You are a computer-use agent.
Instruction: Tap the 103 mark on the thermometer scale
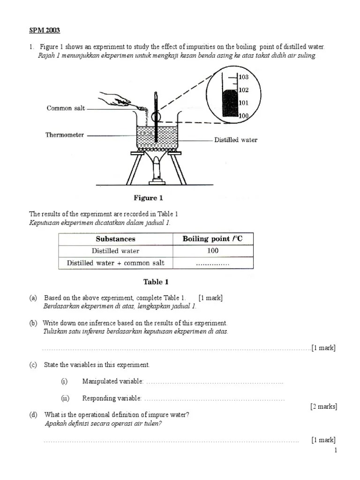pos(243,77)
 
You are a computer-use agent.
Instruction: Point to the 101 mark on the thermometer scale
pos(243,103)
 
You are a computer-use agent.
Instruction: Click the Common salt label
pos(66,108)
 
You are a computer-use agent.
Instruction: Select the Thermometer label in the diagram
pos(65,135)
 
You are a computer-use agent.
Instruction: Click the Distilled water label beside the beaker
pos(236,140)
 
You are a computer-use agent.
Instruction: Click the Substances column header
pos(115,239)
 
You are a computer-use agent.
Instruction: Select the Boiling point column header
pos(212,239)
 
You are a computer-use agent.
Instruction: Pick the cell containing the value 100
pos(213,251)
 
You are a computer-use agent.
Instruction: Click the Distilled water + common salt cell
pos(115,263)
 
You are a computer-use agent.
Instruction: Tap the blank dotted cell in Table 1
pos(212,263)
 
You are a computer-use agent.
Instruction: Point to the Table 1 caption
pos(156,282)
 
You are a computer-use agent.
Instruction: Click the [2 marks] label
pos(323,406)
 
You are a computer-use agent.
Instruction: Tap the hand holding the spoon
pos(112,98)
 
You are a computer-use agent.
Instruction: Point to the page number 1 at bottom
pos(336,450)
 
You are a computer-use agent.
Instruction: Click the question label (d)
pos(33,415)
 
